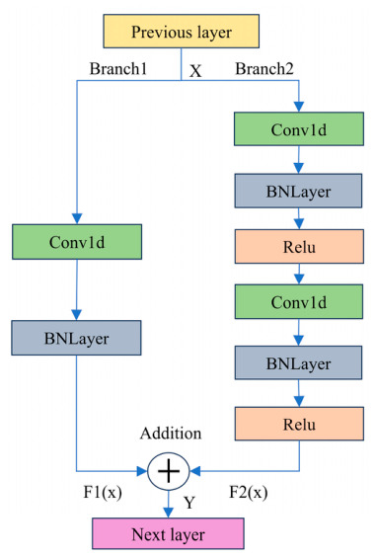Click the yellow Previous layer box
(x=181, y=32)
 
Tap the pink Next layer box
(x=168, y=533)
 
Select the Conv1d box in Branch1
(x=77, y=242)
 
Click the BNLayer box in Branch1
(x=76, y=338)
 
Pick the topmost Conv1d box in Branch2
(x=299, y=128)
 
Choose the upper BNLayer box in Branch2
(x=298, y=191)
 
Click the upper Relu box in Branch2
(x=299, y=246)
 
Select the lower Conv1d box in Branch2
(x=299, y=301)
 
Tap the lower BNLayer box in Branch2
(x=298, y=362)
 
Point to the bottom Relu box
(x=299, y=424)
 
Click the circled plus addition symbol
(x=169, y=471)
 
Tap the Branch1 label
(x=118, y=68)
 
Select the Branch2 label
(x=264, y=68)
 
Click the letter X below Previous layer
(x=195, y=71)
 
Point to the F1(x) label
(x=103, y=492)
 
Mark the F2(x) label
(x=249, y=492)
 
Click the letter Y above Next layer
(x=189, y=503)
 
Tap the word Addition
(x=171, y=434)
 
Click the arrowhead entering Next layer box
(x=168, y=513)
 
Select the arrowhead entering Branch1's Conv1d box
(x=77, y=219)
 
